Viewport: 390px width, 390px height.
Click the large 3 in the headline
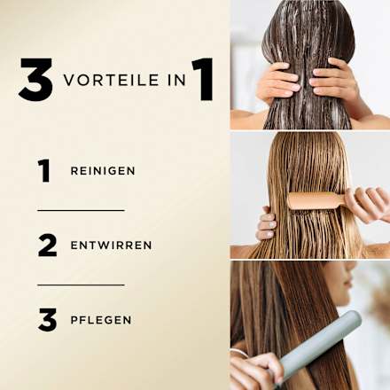coord(35,81)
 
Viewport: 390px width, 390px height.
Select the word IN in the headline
coord(172,81)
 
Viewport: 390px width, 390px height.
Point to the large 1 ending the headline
coord(202,80)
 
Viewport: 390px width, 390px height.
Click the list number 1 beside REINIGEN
coord(44,170)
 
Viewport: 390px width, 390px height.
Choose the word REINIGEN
coord(103,171)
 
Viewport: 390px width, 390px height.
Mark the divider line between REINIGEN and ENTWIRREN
coord(81,210)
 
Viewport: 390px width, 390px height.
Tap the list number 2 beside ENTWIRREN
coord(47,245)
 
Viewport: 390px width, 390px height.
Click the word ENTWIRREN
coord(111,246)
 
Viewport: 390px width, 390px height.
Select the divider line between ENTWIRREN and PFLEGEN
coord(81,285)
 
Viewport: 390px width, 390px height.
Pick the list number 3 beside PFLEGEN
coord(47,319)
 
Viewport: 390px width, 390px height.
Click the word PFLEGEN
coord(101,320)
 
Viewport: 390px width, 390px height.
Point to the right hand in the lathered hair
coord(336,82)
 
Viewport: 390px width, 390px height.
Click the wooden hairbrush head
coord(314,200)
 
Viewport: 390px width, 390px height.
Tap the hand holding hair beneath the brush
coord(266,224)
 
